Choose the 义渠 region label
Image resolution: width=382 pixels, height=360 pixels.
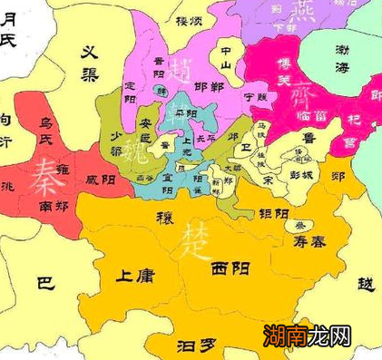point(93,62)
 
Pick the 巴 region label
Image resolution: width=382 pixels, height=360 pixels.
point(44,283)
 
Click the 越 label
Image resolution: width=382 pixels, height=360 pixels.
point(366,285)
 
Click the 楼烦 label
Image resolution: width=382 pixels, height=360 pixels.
point(188,20)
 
